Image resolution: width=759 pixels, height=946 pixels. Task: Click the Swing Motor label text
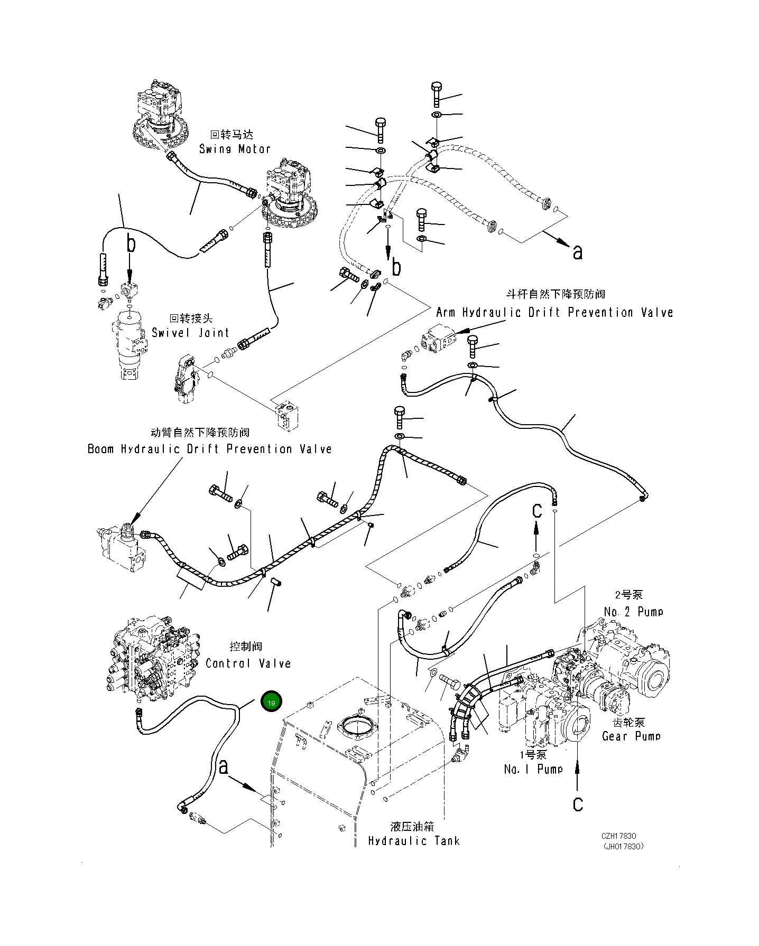235,149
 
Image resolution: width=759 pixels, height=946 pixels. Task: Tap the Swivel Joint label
190,333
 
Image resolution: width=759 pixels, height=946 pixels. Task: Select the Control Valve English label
248,663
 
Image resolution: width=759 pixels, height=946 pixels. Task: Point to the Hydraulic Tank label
414,841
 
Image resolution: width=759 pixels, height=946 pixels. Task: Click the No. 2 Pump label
633,612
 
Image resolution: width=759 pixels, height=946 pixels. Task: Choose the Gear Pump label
631,736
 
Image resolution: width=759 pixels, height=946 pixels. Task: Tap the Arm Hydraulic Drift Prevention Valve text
554,313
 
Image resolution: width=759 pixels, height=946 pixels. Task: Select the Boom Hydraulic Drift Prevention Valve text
209,449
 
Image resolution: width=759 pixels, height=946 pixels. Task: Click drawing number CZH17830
618,837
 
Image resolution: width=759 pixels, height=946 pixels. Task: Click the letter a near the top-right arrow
578,252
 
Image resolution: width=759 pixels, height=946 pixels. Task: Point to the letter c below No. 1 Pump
578,804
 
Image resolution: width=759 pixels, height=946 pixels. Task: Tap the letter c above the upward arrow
536,511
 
